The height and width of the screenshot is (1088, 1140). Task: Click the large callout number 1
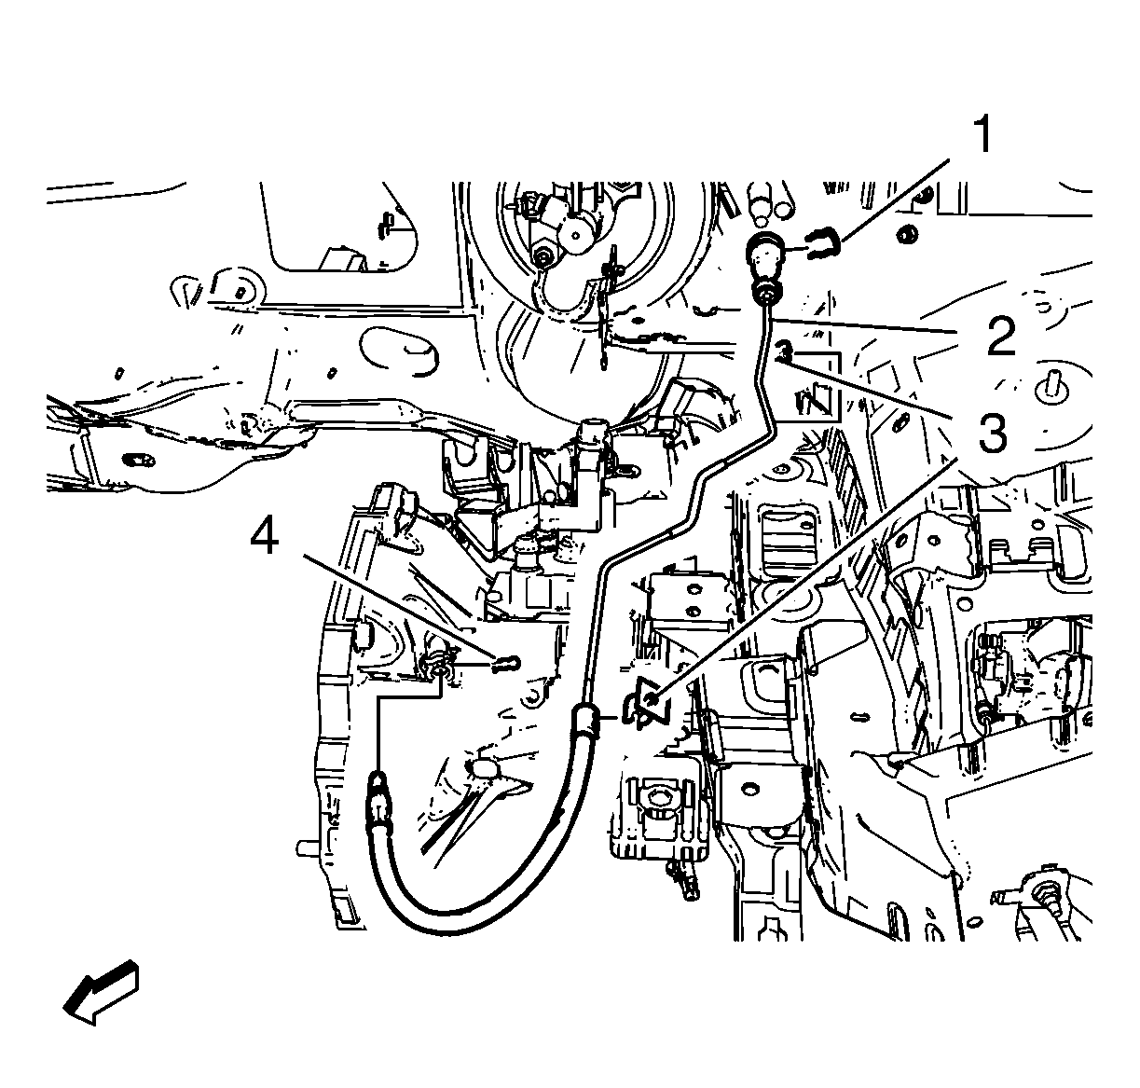[982, 134]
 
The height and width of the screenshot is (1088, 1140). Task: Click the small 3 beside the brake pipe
[784, 351]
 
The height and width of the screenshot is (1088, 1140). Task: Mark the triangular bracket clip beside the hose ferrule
[648, 704]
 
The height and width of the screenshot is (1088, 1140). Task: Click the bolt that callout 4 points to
[505, 662]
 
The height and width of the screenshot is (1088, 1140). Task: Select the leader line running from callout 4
[400, 606]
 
